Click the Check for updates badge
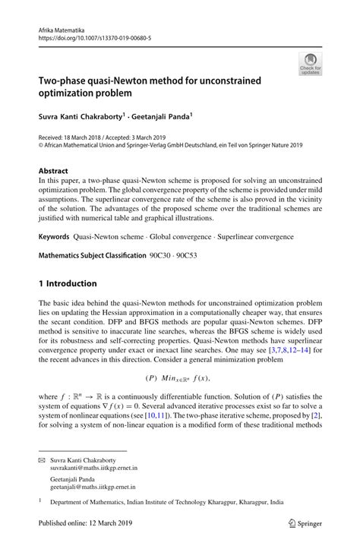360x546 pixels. (310, 65)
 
